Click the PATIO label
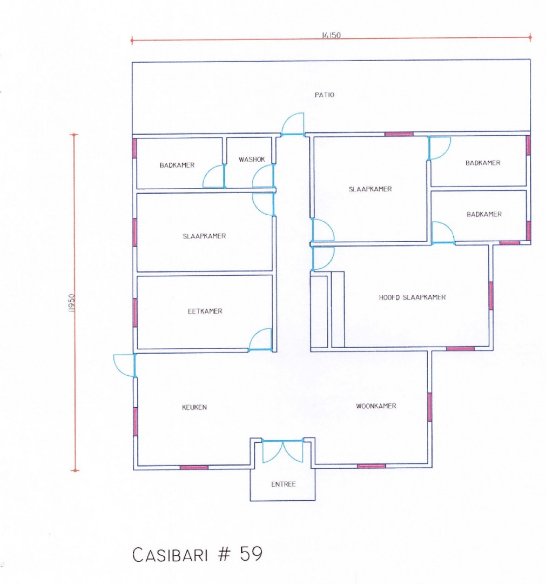pyautogui.click(x=324, y=95)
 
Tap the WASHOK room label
pyautogui.click(x=251, y=159)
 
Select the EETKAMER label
pyautogui.click(x=205, y=311)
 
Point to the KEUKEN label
pyautogui.click(x=194, y=407)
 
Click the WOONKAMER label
pyautogui.click(x=376, y=406)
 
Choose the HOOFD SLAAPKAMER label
pyautogui.click(x=412, y=297)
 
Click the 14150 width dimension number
pyautogui.click(x=331, y=36)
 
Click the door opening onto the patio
pyautogui.click(x=293, y=124)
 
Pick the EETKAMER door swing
pyautogui.click(x=260, y=340)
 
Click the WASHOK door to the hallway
pyautogui.click(x=263, y=176)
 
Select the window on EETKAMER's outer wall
pyautogui.click(x=135, y=313)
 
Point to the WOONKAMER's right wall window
pyautogui.click(x=429, y=407)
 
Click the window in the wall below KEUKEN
pyautogui.click(x=194, y=467)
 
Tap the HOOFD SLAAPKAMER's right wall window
pyautogui.click(x=491, y=296)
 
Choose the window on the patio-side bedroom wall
pyautogui.click(x=399, y=134)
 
